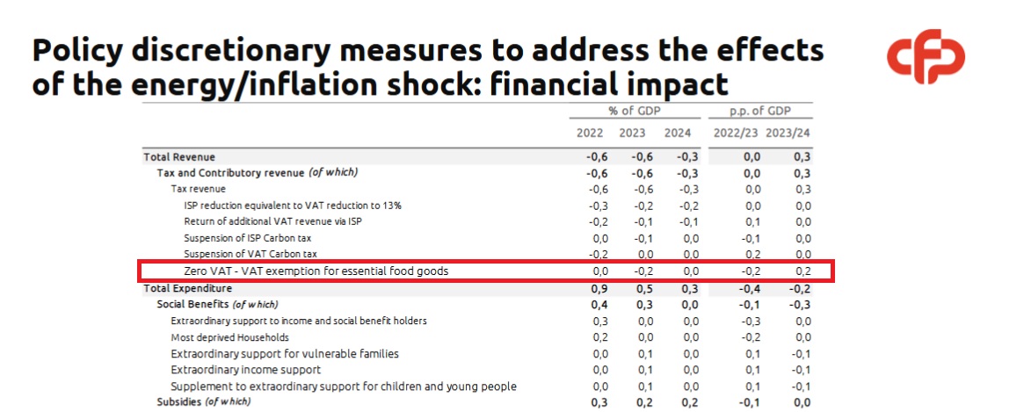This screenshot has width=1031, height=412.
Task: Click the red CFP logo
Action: click(926, 57)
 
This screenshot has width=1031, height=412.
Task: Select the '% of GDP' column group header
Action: click(634, 111)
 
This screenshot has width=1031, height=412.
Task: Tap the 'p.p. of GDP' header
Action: click(760, 111)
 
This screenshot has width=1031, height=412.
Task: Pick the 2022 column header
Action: click(590, 134)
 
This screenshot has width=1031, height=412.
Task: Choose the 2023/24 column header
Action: click(788, 134)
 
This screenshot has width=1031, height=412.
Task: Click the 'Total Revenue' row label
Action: click(179, 156)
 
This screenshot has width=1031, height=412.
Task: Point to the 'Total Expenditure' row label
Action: click(188, 288)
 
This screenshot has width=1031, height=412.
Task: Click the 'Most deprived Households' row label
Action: click(229, 337)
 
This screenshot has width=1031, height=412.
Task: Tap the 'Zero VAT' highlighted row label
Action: click(316, 271)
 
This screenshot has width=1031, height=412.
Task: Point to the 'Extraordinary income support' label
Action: click(245, 370)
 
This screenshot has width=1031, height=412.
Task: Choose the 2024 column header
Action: click(678, 134)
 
